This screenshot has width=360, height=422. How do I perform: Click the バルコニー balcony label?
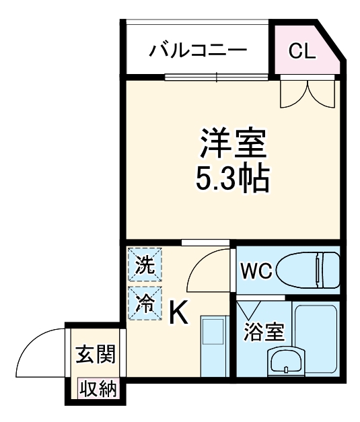199,50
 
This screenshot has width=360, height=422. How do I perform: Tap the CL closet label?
301,51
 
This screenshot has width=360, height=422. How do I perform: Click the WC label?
256,271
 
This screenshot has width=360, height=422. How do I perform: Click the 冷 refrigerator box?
145,302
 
